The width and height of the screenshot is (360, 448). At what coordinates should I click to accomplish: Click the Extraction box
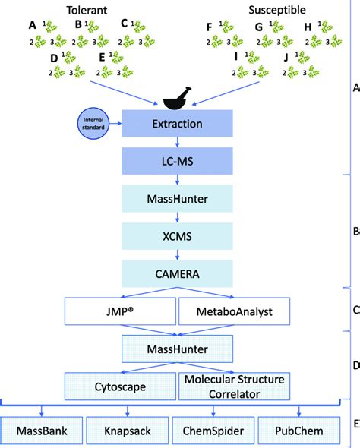tap(176, 123)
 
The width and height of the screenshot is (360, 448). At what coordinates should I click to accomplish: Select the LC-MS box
tap(176, 162)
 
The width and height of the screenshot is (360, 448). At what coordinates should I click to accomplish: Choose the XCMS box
tap(176, 236)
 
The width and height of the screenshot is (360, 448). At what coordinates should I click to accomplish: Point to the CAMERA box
tap(176, 273)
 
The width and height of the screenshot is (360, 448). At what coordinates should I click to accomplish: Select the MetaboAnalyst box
tap(225, 311)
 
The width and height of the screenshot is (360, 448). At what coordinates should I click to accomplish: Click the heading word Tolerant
tap(88, 9)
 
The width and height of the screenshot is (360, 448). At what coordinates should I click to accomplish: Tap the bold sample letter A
tap(33, 25)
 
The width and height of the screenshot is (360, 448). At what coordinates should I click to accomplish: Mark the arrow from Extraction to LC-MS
tap(176, 142)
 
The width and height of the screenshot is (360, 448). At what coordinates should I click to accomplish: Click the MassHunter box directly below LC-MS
tap(176, 200)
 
